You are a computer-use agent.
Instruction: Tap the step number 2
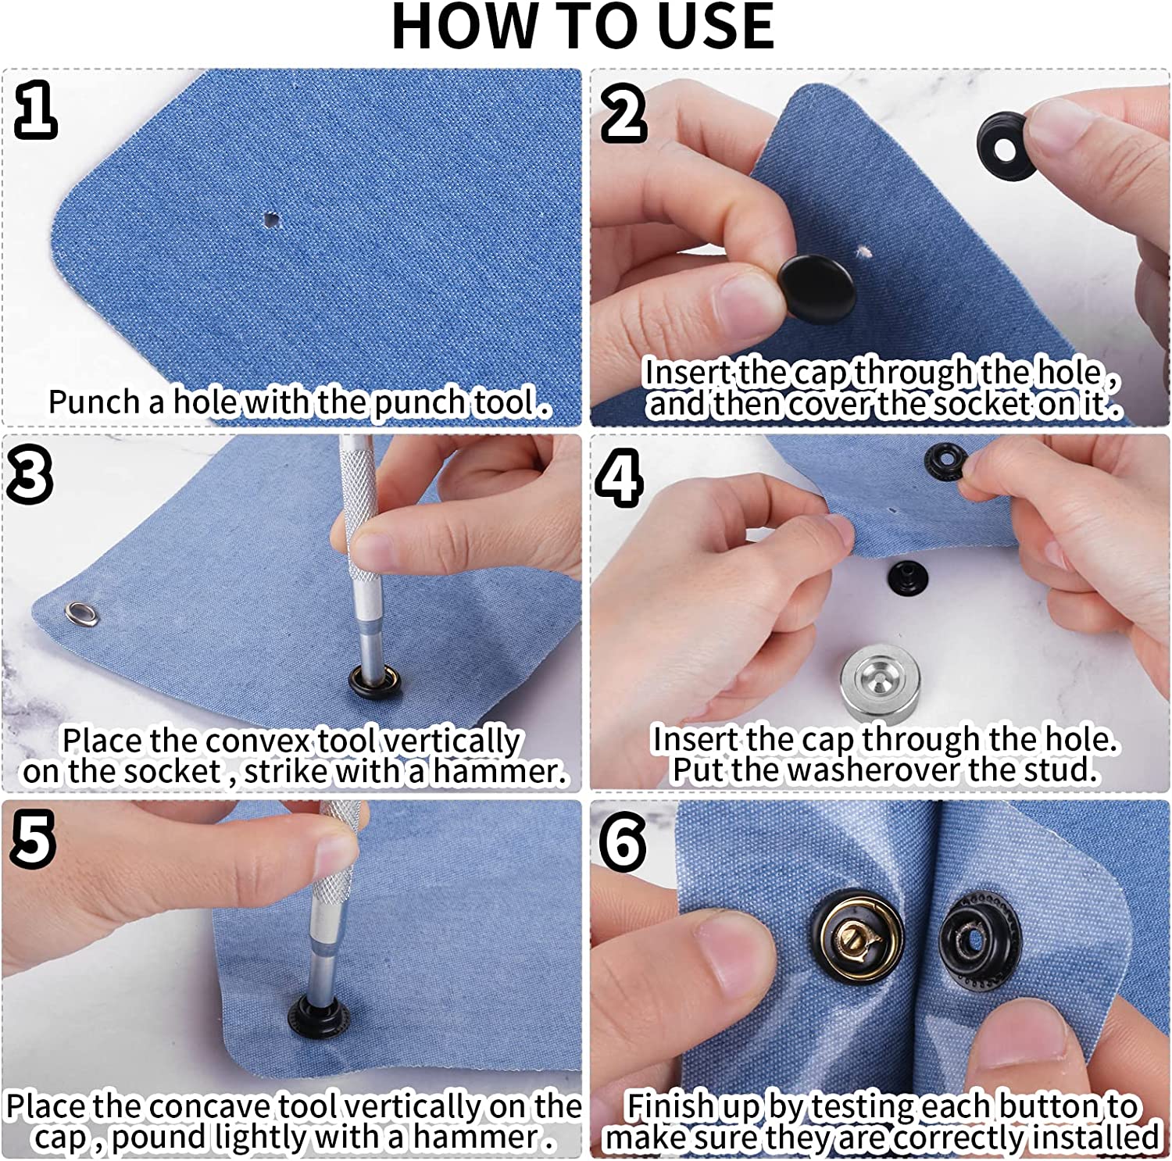[x=624, y=113]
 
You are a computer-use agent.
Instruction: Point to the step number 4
[x=620, y=477]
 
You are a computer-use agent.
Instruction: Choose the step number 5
[x=33, y=839]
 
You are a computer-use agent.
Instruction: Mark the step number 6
[x=623, y=842]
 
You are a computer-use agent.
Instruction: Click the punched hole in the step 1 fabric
[x=272, y=219]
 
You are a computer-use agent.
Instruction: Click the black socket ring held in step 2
[x=1006, y=145]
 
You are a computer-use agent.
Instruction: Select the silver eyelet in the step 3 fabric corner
[x=84, y=614]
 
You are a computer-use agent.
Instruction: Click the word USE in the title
[x=714, y=27]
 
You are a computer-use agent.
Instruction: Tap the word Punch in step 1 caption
[x=96, y=402]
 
